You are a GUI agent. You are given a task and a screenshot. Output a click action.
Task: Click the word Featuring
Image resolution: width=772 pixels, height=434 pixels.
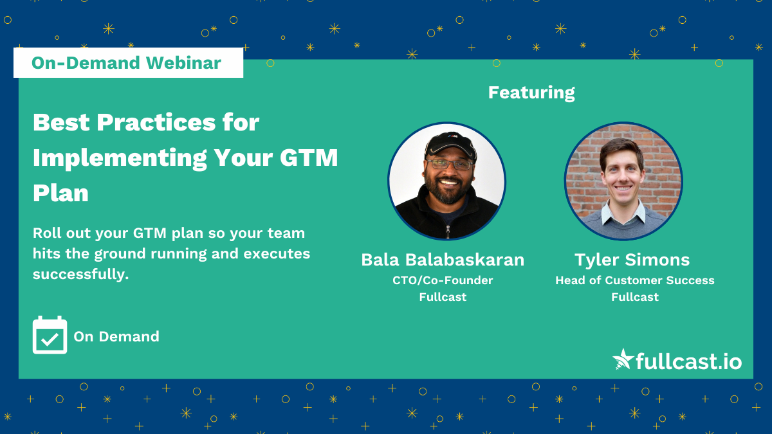coord(531,93)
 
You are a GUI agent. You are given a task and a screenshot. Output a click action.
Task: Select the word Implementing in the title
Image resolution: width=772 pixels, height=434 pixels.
coord(120,157)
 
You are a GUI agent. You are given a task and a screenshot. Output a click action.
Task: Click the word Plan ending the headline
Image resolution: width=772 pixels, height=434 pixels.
coord(60,192)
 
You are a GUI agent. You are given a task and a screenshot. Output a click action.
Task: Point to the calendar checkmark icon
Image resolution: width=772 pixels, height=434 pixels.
coord(50,335)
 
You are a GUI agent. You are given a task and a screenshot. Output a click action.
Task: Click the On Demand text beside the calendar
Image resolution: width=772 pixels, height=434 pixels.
coord(116,336)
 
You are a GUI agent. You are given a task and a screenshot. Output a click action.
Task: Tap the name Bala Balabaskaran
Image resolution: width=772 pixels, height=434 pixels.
coord(443,260)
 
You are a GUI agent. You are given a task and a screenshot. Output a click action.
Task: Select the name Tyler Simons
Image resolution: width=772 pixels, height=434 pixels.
coord(632,260)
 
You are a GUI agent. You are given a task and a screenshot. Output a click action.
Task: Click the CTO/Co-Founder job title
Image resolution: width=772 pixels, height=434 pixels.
coord(443,280)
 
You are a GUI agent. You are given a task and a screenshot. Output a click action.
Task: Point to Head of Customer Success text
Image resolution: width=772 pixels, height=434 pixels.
coord(635,280)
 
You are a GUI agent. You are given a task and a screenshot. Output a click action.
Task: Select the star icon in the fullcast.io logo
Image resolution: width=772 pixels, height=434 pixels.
coord(622,359)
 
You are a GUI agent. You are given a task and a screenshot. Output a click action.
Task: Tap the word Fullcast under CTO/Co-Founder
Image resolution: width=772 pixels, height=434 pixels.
coord(443,297)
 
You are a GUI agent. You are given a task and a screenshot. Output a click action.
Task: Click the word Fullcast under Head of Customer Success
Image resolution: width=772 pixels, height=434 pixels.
coord(635,297)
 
